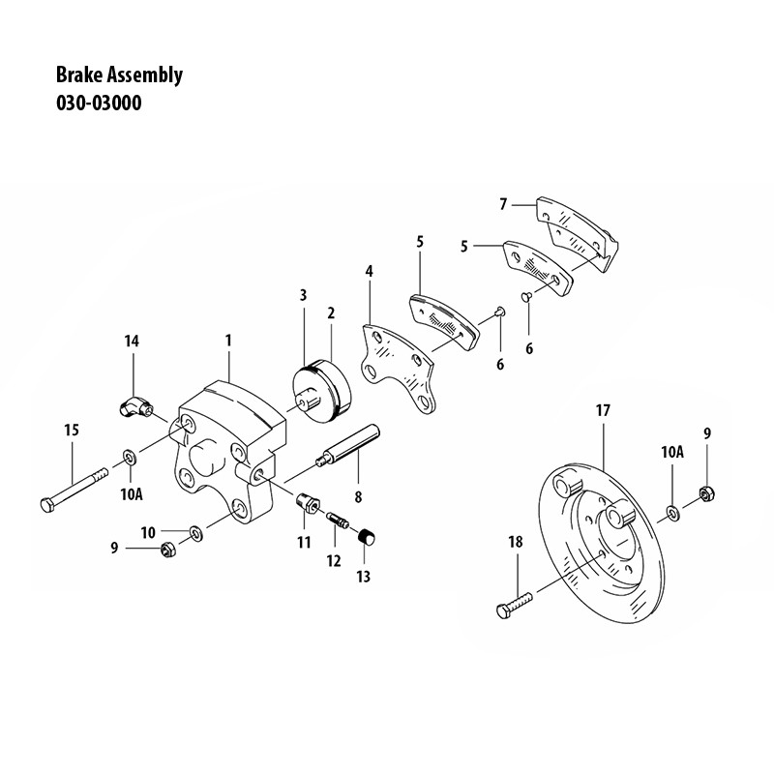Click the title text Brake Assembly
(120, 75)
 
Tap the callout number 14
(133, 341)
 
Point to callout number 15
(71, 430)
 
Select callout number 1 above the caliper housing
(228, 341)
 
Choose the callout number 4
(369, 272)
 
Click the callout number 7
(503, 204)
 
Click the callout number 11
(304, 542)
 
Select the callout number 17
(602, 410)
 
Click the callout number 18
(514, 543)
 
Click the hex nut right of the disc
(706, 493)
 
